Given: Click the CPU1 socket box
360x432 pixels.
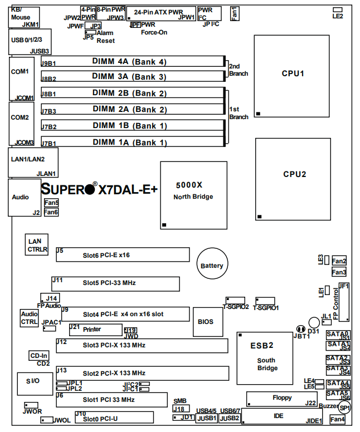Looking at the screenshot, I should (293, 73).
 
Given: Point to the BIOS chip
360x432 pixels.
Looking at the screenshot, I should (205, 321).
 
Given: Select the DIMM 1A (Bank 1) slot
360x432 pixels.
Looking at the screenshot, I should (132, 142).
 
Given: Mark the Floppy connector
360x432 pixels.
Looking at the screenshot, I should (281, 398).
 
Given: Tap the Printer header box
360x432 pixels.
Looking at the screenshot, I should (95, 329).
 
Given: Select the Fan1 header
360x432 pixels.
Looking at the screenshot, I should (235, 13).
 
